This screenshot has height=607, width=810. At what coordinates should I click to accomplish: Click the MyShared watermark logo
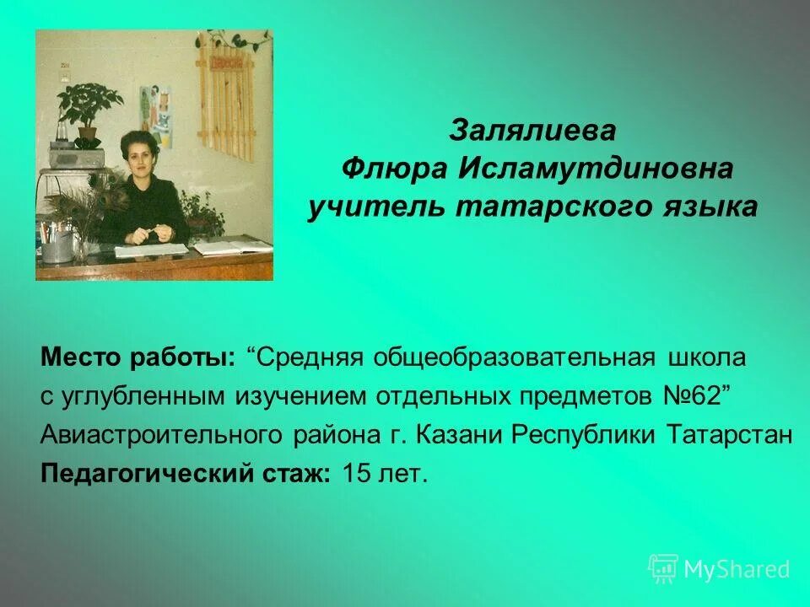point(719,569)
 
